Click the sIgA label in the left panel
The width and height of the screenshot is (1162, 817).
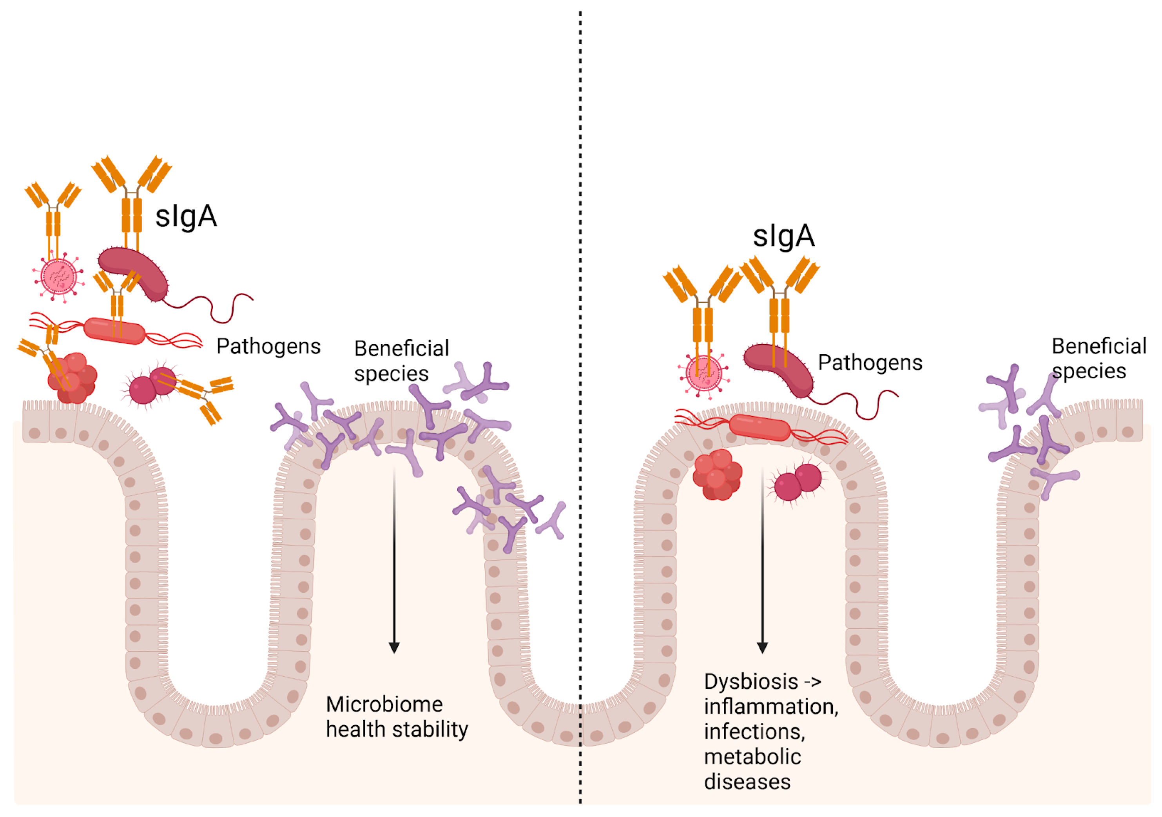(186, 217)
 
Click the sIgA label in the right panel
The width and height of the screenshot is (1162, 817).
(783, 236)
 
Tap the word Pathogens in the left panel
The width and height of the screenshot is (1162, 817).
(268, 347)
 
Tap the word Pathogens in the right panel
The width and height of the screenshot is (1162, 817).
(870, 363)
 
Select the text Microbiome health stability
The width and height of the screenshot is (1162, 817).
(396, 717)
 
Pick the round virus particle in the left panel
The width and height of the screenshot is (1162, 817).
(59, 277)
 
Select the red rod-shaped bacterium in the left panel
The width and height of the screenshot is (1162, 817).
(114, 330)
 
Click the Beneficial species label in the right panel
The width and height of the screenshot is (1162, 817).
(1098, 359)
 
